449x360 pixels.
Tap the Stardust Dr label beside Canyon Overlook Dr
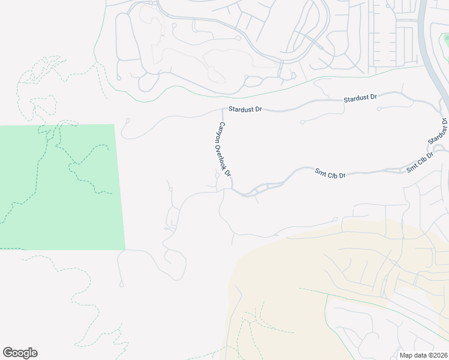246,110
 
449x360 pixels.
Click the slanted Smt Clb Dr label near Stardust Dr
420,163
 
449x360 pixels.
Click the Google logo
20,353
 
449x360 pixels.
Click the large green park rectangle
60,186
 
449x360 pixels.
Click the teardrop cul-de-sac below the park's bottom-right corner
121,282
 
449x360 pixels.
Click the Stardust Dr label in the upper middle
360,98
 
